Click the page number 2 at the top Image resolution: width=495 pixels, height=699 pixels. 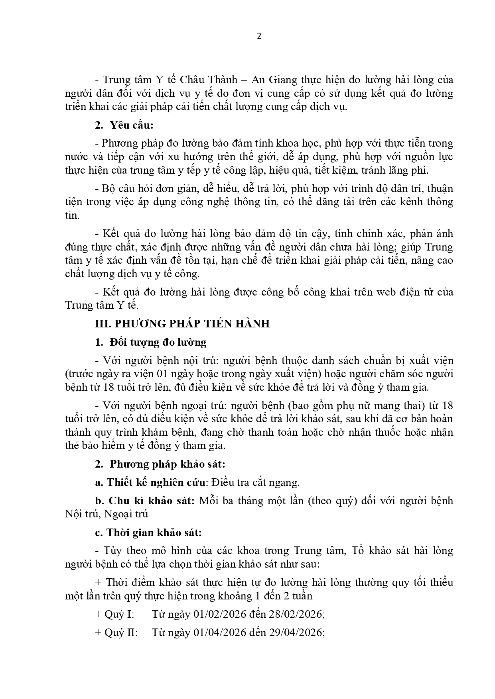pyautogui.click(x=259, y=36)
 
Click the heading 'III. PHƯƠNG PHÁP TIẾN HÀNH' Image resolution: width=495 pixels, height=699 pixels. pyautogui.click(x=182, y=324)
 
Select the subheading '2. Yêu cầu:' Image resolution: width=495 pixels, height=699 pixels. pyautogui.click(x=124, y=125)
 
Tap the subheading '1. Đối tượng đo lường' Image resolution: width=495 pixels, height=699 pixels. pyautogui.click(x=151, y=342)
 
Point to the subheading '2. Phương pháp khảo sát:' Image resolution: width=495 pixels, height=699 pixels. pyautogui.click(x=160, y=464)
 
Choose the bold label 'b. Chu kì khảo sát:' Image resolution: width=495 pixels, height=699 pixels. pyautogui.click(x=145, y=501)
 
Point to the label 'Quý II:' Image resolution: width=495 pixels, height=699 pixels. pyautogui.click(x=120, y=632)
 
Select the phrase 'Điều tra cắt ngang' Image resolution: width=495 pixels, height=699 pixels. pyautogui.click(x=255, y=482)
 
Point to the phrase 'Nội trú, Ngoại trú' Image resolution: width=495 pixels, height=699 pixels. pyautogui.click(x=106, y=514)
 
